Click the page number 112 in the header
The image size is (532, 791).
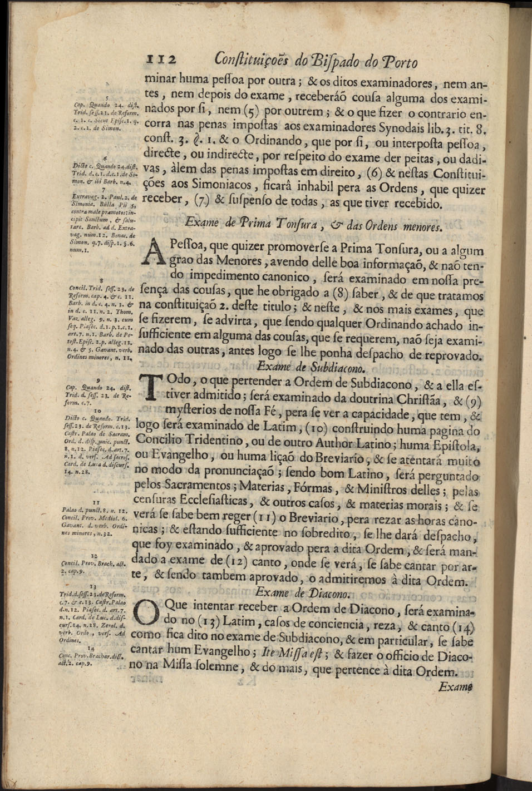pos(161,61)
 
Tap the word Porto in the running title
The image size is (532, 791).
pos(397,62)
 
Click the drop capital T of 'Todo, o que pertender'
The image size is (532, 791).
pos(150,387)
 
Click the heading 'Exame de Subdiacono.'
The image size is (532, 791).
pos(312,367)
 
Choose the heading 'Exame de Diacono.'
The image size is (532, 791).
pos(304,593)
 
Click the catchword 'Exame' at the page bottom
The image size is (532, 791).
pos(455,686)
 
